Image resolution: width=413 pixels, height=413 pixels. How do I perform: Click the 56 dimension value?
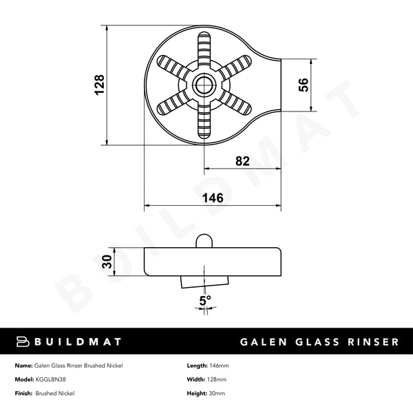(304, 85)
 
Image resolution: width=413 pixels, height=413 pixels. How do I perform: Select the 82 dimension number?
(242, 161)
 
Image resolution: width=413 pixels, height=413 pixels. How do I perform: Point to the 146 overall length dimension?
(212, 198)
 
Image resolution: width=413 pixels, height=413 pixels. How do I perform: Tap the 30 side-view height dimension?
(107, 261)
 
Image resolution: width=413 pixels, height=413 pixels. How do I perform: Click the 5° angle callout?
(204, 300)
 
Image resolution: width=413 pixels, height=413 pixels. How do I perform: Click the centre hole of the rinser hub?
(204, 85)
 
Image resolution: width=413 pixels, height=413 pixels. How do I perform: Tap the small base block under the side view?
(204, 281)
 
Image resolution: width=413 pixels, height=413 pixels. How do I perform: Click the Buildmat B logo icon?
(21, 341)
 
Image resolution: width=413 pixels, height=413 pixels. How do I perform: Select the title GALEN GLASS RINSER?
(319, 342)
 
